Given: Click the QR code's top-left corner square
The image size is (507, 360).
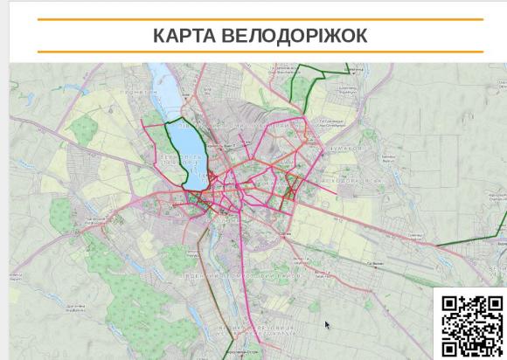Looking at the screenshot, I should coord(450,304).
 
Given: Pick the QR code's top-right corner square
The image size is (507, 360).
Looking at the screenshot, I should coord(495,304).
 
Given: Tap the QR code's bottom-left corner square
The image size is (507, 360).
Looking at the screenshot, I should coord(450,348).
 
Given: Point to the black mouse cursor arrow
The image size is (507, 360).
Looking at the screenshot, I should coord(327,325).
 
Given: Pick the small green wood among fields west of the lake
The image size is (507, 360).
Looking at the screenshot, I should coord(83,131).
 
